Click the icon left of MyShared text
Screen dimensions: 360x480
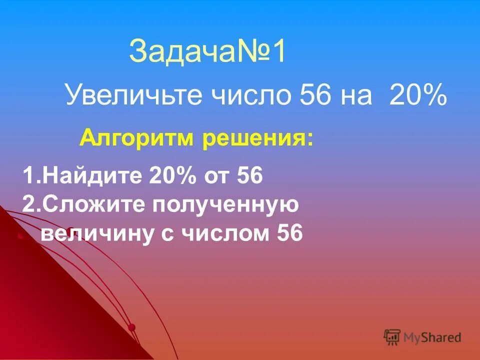392,336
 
